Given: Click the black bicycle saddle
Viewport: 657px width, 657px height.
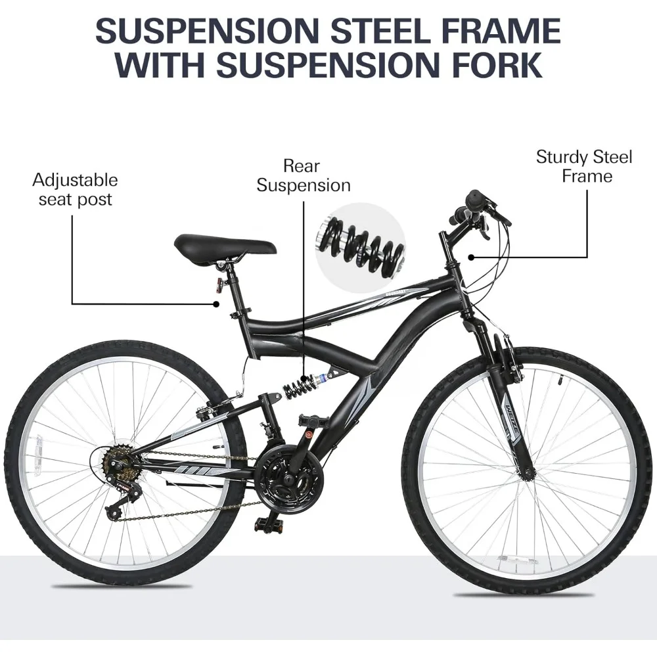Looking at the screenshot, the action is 225,247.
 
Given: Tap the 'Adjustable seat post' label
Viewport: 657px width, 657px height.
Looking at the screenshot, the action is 75,189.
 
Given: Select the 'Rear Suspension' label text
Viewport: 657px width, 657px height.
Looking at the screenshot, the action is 303,175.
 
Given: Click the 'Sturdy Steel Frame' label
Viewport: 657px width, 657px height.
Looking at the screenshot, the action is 583,166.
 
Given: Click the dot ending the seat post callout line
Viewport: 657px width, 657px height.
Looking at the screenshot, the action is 217,304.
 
